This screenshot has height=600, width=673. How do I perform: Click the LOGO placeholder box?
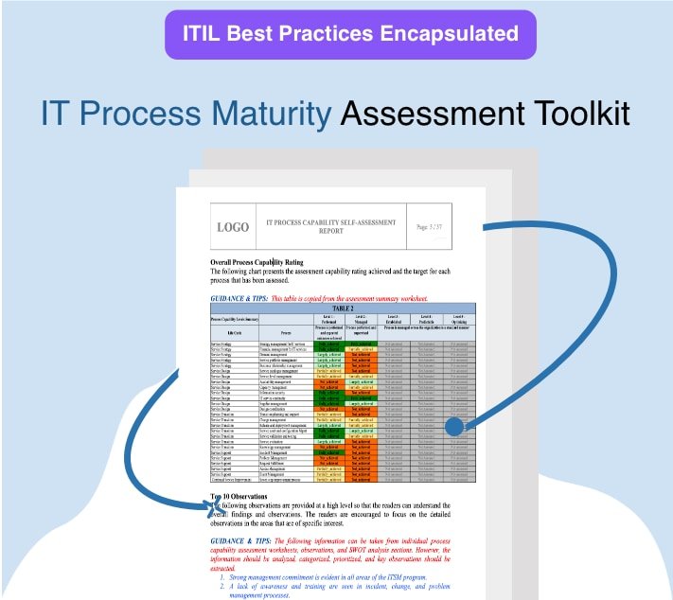(233, 227)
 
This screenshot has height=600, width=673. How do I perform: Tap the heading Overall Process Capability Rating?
(270, 262)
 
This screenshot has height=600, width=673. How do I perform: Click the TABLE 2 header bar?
(342, 309)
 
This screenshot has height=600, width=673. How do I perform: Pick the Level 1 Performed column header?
(328, 318)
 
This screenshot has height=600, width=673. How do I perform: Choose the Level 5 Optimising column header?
(458, 318)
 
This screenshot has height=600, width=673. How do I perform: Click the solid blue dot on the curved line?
(454, 427)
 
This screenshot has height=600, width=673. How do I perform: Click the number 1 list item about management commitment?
(322, 576)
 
